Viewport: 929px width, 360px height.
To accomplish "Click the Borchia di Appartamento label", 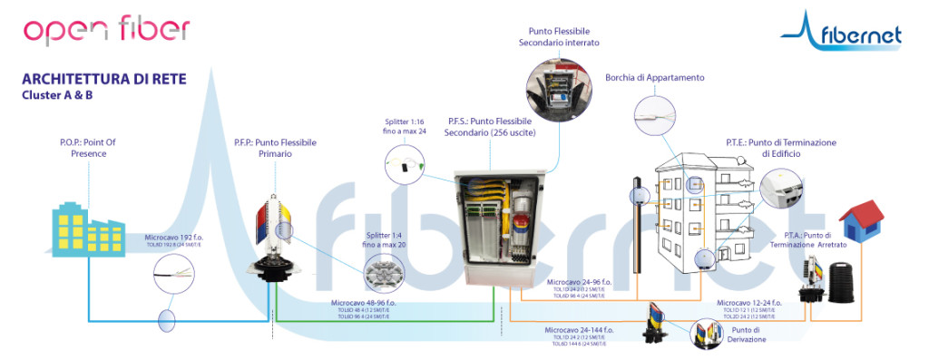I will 654,78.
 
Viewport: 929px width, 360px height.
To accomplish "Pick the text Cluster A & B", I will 57,96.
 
